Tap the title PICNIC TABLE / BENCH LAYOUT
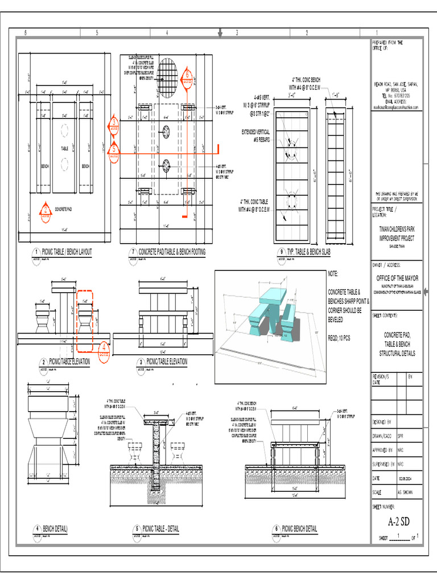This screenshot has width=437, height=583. click(x=67, y=252)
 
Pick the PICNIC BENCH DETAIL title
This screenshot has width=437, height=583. click(x=299, y=529)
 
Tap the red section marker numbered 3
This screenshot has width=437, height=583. click(x=114, y=124)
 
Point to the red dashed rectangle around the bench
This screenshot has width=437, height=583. click(x=85, y=321)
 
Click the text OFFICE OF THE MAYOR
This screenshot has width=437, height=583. click(x=397, y=278)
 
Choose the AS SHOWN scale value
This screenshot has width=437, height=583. click(x=406, y=491)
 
